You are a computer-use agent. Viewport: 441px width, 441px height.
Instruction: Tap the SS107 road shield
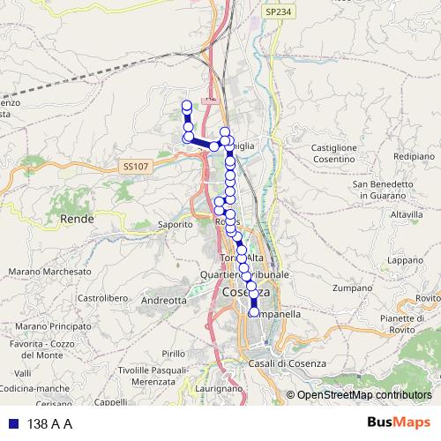[x=137, y=165]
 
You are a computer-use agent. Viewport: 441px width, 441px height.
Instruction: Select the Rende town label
[x=77, y=218]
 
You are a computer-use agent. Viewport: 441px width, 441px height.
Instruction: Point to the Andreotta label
[x=164, y=300]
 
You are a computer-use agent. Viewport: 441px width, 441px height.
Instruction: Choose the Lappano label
[x=407, y=260]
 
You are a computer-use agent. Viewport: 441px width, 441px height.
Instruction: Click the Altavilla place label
[x=407, y=214]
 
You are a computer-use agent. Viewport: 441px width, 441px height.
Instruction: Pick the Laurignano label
[x=215, y=387]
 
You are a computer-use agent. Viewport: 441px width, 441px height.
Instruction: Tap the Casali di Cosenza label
[x=288, y=363]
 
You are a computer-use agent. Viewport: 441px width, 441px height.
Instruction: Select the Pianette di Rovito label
[x=402, y=324]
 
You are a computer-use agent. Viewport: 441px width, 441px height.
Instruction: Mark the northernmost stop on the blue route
[x=187, y=106]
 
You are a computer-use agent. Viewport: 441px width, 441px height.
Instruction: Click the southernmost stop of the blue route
[x=254, y=311]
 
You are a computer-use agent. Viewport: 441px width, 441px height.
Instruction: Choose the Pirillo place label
[x=174, y=353]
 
